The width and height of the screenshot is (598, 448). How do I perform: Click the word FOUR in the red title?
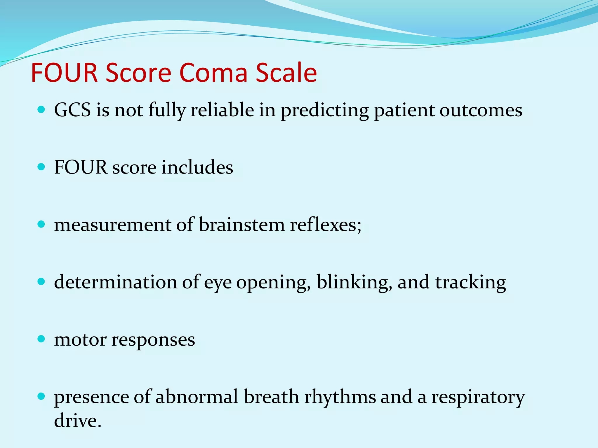point(64,73)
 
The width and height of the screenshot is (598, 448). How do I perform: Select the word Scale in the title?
point(286,73)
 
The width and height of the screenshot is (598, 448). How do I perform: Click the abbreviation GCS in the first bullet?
point(72,111)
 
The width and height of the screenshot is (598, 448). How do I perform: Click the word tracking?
point(470,283)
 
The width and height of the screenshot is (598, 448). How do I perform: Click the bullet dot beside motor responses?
point(41,339)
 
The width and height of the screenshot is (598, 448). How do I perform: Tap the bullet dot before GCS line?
point(41,110)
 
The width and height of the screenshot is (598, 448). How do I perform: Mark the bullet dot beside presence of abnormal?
point(41,396)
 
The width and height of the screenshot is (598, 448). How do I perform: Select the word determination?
point(115,283)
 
